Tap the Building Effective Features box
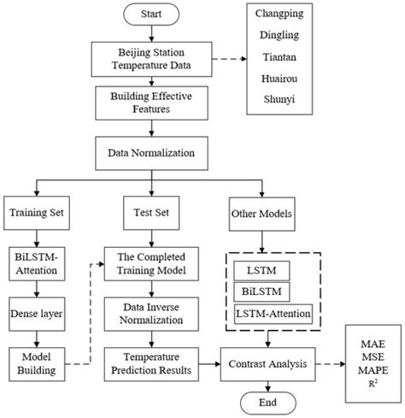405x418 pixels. (153, 103)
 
